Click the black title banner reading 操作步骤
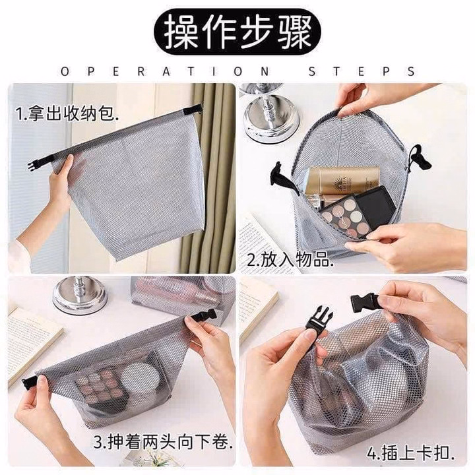[237, 30]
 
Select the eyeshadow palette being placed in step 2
[356, 212]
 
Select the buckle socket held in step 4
[365, 303]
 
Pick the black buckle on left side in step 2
[276, 177]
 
